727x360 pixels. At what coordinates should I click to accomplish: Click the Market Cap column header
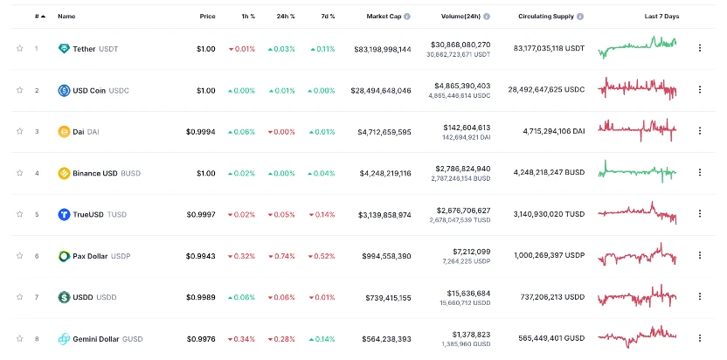pyautogui.click(x=388, y=17)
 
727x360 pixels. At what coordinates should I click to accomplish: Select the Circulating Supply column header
pyautogui.click(x=547, y=17)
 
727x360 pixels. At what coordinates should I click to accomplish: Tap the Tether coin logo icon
pyautogui.click(x=64, y=49)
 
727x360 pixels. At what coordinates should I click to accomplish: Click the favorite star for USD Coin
pyautogui.click(x=19, y=90)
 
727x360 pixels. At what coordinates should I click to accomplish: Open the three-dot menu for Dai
pyautogui.click(x=699, y=131)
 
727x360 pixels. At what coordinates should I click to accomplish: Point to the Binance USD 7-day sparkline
pyautogui.click(x=637, y=172)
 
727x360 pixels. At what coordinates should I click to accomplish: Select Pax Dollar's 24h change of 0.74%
pyautogui.click(x=281, y=256)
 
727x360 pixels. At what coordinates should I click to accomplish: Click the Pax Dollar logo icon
pyautogui.click(x=64, y=256)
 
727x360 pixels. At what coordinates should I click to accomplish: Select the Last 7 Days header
pyautogui.click(x=661, y=17)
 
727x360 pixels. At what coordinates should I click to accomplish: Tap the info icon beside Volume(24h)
pyautogui.click(x=486, y=17)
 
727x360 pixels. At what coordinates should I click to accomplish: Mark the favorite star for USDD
pyautogui.click(x=19, y=297)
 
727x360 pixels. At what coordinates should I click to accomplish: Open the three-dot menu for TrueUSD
pyautogui.click(x=699, y=214)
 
